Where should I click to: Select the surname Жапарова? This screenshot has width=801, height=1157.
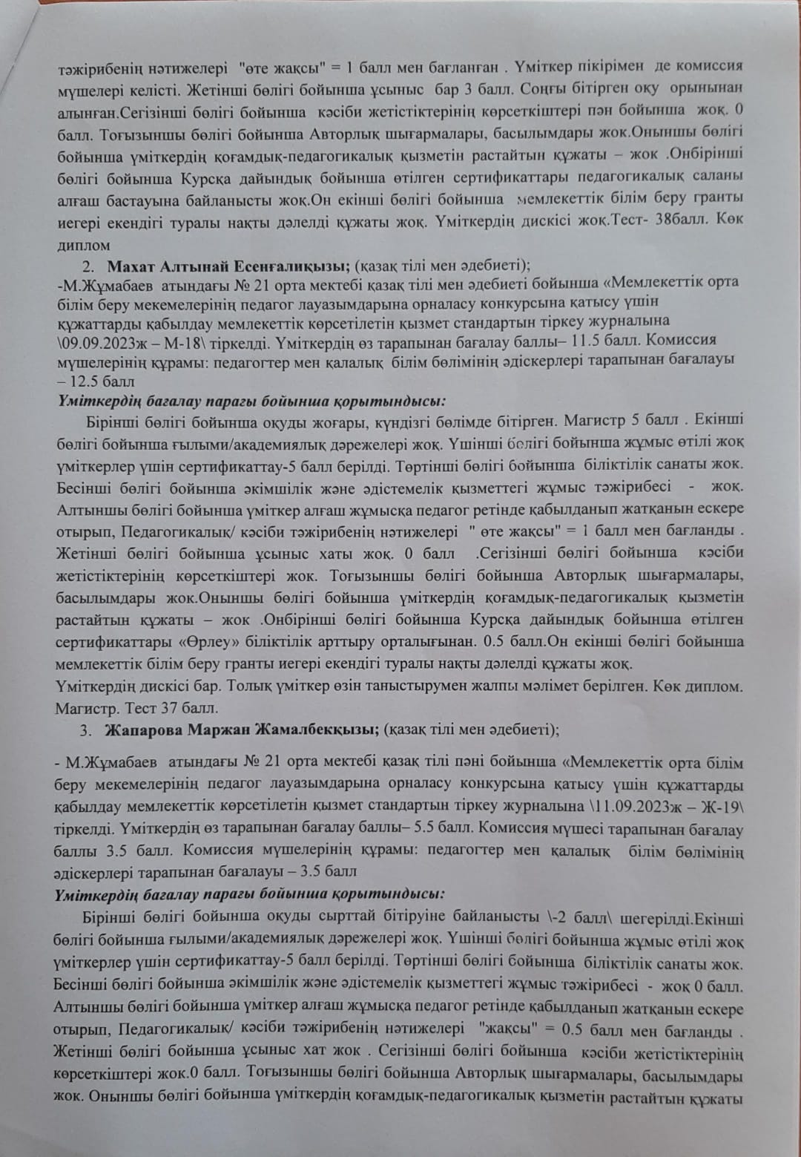click(144, 729)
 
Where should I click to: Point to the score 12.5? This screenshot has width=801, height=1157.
click(83, 381)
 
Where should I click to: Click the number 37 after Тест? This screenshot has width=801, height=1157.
click(170, 708)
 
